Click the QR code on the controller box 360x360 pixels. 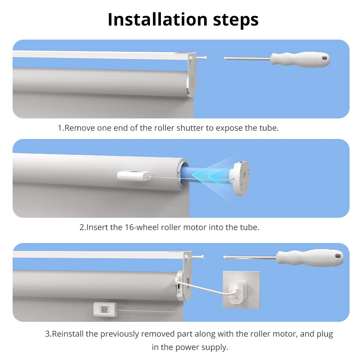pyautogui.click(x=104, y=309)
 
